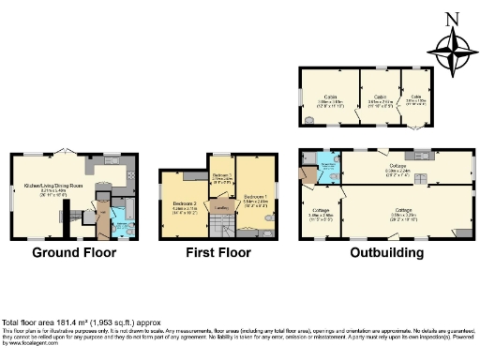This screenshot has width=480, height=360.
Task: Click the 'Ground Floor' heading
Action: click(74, 252)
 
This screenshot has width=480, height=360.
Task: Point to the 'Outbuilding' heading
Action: click(385, 252)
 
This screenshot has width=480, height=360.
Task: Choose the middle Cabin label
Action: click(380, 96)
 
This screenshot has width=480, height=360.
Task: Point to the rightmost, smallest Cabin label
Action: click(415, 96)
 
